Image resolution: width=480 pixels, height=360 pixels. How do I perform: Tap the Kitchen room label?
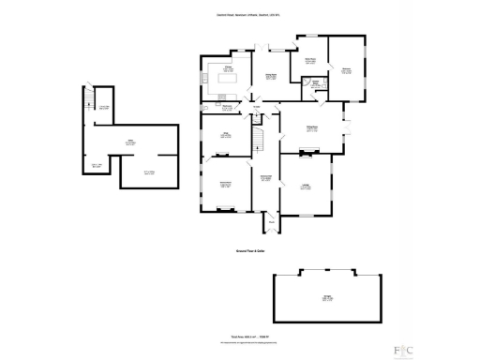pos(226,68)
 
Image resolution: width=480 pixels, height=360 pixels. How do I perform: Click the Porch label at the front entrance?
pos(271,221)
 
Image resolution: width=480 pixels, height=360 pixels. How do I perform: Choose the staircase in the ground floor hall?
pos(263,140)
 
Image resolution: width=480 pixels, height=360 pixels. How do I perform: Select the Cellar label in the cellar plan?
pos(119,142)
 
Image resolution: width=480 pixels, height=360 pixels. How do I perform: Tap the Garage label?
pos(325,299)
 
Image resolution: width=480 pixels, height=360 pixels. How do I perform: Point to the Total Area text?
pos(242,337)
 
